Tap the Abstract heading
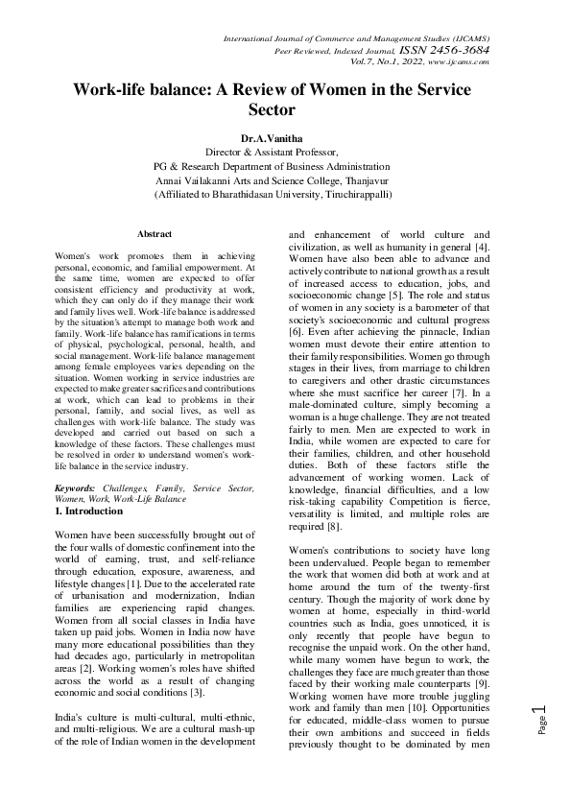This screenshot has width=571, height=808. (155, 234)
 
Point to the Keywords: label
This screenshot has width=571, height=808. (77, 489)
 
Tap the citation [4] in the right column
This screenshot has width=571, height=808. (482, 248)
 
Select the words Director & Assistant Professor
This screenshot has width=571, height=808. (273, 152)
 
